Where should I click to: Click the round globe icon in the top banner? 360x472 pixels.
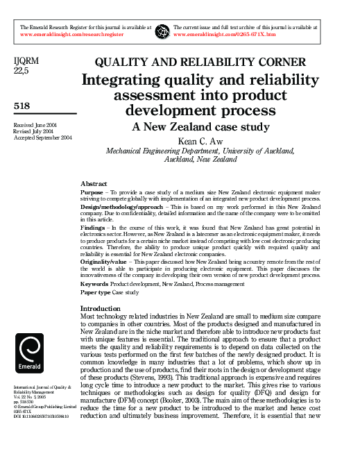pos(162,31)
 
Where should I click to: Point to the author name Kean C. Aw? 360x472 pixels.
pos(200,140)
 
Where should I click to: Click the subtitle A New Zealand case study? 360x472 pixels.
pos(200,126)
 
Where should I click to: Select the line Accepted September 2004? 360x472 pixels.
pos(43,137)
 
